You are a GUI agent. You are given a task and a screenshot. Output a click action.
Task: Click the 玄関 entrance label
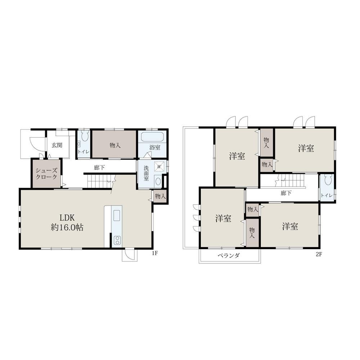(57, 145)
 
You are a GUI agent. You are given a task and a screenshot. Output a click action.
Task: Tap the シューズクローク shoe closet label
(46, 174)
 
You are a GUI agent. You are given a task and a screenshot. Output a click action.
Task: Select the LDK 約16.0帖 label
(67, 222)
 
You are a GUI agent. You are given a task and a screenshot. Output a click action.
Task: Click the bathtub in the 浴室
(152, 137)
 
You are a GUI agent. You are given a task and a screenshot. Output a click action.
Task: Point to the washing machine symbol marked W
(159, 166)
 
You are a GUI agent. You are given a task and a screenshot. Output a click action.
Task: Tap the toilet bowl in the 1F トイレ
(85, 136)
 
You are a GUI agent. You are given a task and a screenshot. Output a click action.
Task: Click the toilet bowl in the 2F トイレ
(328, 180)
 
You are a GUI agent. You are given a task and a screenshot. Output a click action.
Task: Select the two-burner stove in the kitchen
(117, 240)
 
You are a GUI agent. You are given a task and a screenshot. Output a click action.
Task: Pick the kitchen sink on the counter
(117, 215)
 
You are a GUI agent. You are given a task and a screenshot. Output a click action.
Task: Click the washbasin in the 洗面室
(158, 181)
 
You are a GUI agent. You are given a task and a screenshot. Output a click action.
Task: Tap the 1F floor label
(155, 253)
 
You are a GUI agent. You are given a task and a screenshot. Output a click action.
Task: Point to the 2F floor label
(319, 255)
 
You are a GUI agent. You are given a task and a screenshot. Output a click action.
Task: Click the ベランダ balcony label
(229, 256)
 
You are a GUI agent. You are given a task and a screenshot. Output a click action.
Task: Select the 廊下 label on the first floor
(99, 168)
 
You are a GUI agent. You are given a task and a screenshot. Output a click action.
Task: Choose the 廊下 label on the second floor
(286, 193)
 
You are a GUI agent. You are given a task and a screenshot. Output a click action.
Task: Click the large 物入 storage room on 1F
(114, 144)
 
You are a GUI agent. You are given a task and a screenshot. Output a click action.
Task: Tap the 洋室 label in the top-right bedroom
(306, 148)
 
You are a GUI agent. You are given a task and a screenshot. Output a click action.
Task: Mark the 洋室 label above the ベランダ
(223, 219)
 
